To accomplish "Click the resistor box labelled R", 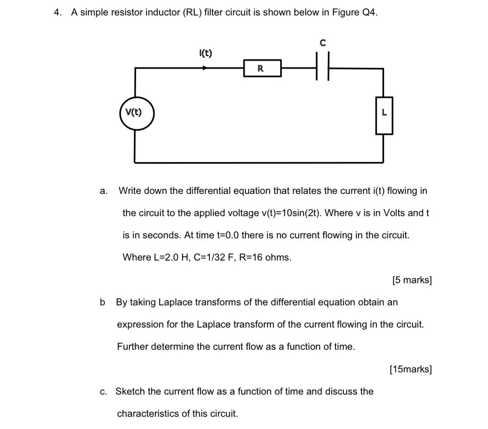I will click(262, 68).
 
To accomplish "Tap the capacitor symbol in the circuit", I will click(323, 66).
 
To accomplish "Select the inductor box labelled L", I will click(384, 115).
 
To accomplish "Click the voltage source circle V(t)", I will click(137, 113).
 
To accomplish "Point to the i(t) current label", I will click(205, 53).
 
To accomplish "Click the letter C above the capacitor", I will click(322, 43).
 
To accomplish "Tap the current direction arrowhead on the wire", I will click(205, 67).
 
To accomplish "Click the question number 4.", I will click(57, 13).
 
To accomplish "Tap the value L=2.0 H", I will click(172, 258).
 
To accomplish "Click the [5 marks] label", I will click(412, 280).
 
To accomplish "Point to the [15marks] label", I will click(411, 369).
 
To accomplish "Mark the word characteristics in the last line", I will click(152, 414).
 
